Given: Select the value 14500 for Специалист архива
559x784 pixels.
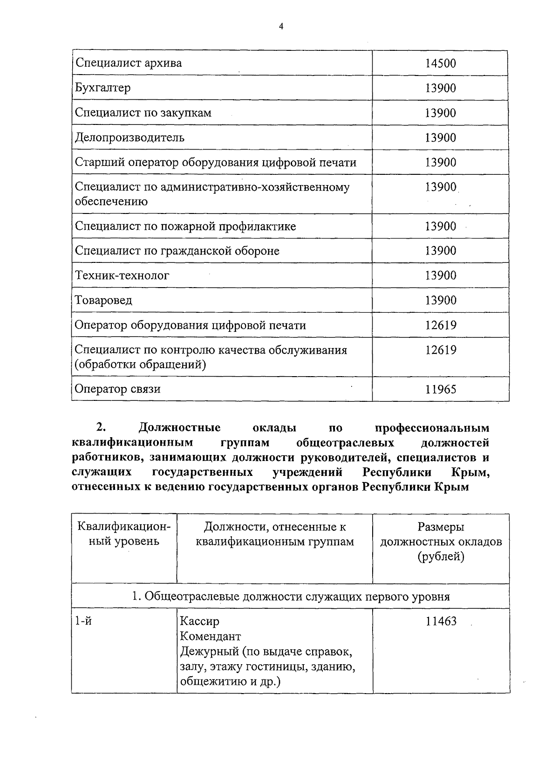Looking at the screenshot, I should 440,63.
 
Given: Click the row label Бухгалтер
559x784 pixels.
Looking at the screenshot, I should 103,88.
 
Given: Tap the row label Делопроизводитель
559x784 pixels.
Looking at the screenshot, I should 130,138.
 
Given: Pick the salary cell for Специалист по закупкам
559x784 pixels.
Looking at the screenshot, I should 440,113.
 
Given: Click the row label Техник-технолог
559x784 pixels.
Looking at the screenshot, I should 122,275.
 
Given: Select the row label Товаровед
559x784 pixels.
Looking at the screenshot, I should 103,300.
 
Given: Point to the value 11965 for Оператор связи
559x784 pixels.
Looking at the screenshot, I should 440,389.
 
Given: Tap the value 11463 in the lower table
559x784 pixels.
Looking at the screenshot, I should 441,621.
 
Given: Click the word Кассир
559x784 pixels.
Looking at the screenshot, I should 199,621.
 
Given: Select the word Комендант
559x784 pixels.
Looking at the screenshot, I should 210,636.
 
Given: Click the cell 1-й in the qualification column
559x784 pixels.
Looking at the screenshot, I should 83,621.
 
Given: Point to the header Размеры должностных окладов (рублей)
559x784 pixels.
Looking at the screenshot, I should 441,542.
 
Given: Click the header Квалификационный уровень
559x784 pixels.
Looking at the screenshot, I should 124,534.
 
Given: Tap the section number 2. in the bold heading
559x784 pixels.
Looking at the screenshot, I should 101,427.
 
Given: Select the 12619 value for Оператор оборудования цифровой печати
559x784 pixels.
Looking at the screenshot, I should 440,325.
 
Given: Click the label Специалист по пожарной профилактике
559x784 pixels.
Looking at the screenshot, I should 185,226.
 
